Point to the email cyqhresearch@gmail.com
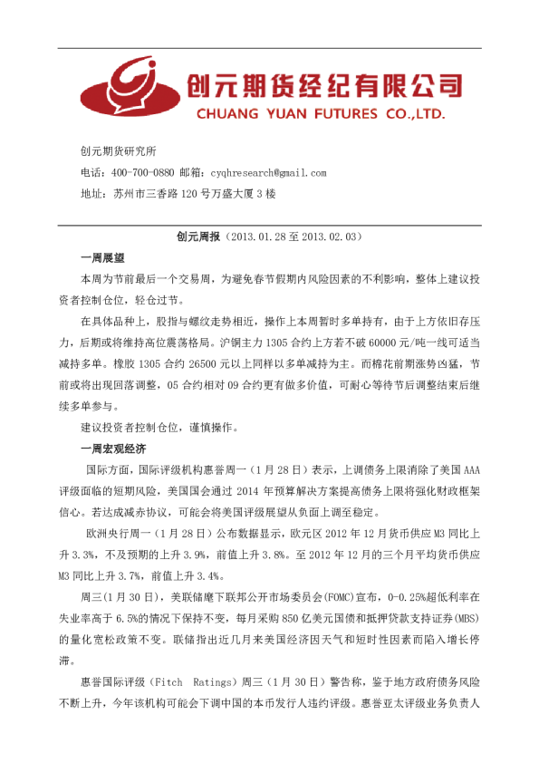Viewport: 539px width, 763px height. tap(268, 172)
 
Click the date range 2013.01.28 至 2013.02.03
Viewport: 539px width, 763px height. tap(292, 237)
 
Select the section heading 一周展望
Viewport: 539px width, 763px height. tap(102, 257)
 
